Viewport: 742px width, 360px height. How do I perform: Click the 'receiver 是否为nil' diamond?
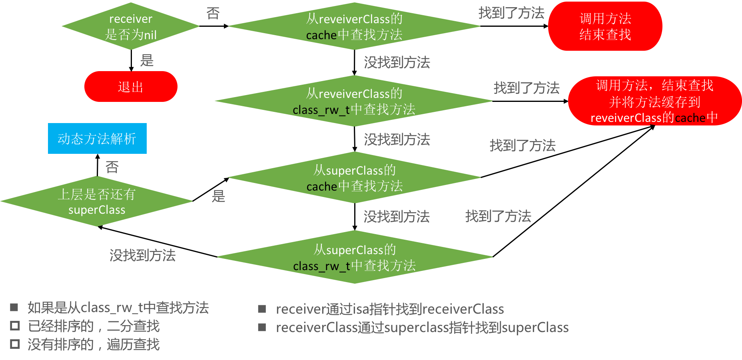pyautogui.click(x=131, y=26)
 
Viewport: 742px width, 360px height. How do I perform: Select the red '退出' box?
pyautogui.click(x=131, y=87)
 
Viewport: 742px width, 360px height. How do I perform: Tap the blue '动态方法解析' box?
pyautogui.click(x=97, y=139)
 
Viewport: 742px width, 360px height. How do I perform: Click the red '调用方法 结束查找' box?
pyautogui.click(x=605, y=26)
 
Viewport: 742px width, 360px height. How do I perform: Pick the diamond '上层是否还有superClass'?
pyautogui.click(x=97, y=201)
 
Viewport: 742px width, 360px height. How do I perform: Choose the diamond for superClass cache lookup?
pyautogui.click(x=354, y=178)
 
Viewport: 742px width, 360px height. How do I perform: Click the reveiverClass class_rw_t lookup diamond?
pyautogui.click(x=354, y=101)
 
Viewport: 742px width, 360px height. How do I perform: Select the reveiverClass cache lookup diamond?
pyautogui.click(x=354, y=26)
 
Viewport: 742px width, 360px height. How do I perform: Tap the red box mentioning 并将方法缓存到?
pyautogui.click(x=654, y=101)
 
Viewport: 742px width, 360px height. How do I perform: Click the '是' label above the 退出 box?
pyautogui.click(x=147, y=61)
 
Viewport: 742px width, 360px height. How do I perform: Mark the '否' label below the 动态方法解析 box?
pyautogui.click(x=112, y=167)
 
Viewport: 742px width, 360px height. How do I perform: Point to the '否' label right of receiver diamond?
pyautogui.click(x=213, y=14)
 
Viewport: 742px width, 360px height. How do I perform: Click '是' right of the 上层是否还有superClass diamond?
pyautogui.click(x=218, y=196)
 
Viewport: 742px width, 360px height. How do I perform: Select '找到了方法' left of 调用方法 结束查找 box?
pyautogui.click(x=511, y=13)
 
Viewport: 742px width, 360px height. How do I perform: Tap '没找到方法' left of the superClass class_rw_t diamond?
pyautogui.click(x=142, y=255)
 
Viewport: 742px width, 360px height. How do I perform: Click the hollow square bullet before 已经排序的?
pyautogui.click(x=15, y=326)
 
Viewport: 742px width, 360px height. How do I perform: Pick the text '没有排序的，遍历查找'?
pyautogui.click(x=94, y=344)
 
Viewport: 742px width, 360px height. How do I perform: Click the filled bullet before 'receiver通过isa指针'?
pyautogui.click(x=262, y=309)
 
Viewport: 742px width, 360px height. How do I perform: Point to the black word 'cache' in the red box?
pyautogui.click(x=690, y=118)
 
